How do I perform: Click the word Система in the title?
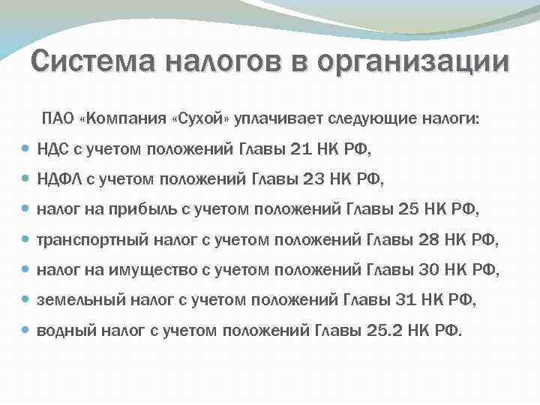click(83, 61)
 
